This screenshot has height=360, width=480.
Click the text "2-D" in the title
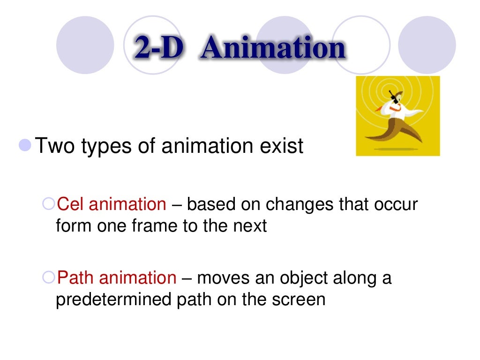pos(157,48)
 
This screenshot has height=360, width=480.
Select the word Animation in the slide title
pos(272,48)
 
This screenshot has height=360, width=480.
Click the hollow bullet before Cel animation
pos(48,204)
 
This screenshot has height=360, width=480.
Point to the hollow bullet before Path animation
pos(48,277)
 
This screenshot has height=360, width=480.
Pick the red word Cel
pos(70,204)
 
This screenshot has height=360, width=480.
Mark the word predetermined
pos(113,300)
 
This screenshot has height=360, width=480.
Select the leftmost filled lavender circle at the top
pos(85,45)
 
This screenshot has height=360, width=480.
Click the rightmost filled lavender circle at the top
pos(427,45)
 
